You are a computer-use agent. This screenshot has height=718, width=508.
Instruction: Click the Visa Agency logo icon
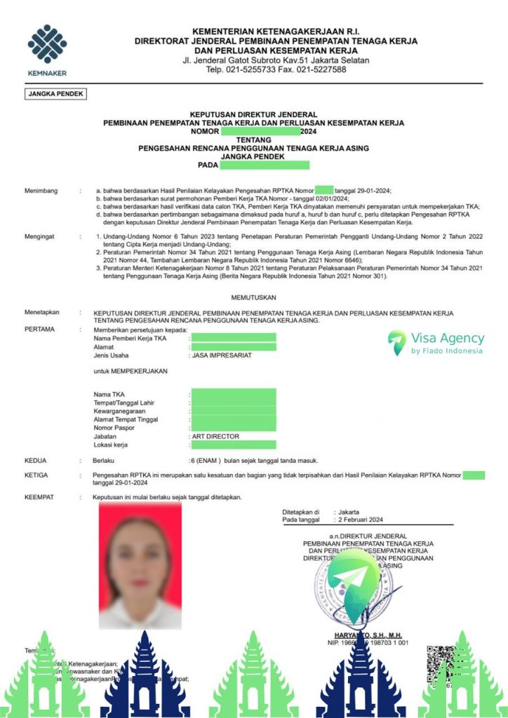397,342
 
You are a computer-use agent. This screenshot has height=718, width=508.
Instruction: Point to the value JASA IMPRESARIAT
221,355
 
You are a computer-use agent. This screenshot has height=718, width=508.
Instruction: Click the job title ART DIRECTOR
215,436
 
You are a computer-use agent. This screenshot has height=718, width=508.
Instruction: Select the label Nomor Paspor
116,428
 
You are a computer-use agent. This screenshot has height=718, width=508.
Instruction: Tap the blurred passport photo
140,565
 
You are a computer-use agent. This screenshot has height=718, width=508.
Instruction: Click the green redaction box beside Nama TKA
234,395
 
